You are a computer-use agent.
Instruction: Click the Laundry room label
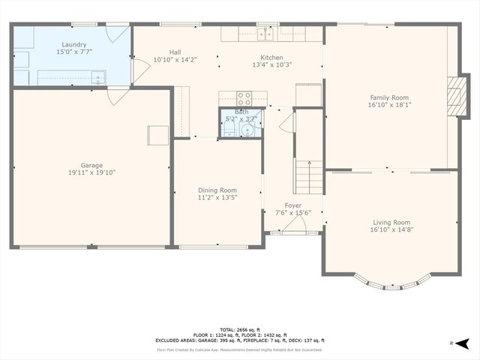[x=52, y=44]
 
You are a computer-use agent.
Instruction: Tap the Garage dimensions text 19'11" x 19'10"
[x=92, y=172]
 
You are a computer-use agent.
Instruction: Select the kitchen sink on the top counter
[x=264, y=34]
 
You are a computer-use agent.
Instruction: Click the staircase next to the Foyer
[x=307, y=176]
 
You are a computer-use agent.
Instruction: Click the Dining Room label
[x=217, y=190]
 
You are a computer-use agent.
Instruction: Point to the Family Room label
[x=388, y=97]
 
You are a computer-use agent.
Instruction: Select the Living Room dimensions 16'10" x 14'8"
[x=391, y=229]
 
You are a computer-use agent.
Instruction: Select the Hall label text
[x=175, y=52]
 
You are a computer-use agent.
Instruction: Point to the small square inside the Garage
[x=157, y=135]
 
